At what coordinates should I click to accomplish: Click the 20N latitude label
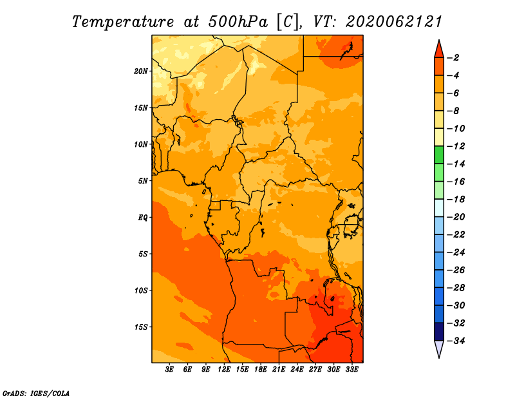[141, 71]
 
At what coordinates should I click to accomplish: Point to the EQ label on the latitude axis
[143, 218]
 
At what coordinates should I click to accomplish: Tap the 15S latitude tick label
[141, 327]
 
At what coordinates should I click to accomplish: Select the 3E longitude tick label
[169, 370]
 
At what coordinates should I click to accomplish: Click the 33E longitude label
[351, 370]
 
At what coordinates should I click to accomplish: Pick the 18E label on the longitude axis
[261, 370]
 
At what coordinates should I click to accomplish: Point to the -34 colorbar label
[456, 341]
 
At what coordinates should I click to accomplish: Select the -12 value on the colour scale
[456, 146]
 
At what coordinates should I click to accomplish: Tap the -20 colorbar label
[456, 217]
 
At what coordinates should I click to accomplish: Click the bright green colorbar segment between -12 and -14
[439, 155]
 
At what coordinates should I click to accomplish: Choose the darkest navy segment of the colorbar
[439, 332]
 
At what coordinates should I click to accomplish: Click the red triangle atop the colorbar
[439, 50]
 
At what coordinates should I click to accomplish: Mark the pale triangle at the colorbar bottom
[439, 348]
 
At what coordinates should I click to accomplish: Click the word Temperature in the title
[123, 22]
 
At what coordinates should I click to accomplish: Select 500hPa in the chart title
[238, 22]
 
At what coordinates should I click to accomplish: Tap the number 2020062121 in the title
[394, 22]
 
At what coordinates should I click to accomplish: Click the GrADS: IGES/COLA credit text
[36, 393]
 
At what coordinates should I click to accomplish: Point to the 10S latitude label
[141, 290]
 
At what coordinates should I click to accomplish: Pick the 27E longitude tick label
[315, 370]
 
